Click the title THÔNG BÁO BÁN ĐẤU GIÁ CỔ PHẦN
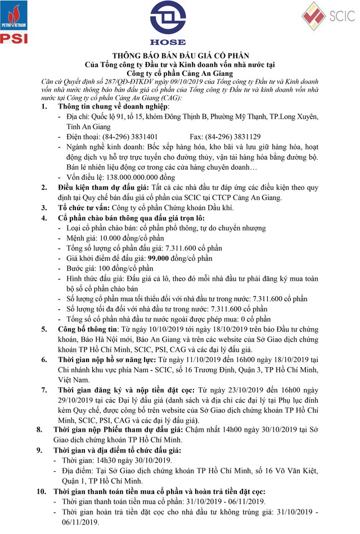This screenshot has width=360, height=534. (x=179, y=56)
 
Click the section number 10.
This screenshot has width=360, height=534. (x=42, y=491)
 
